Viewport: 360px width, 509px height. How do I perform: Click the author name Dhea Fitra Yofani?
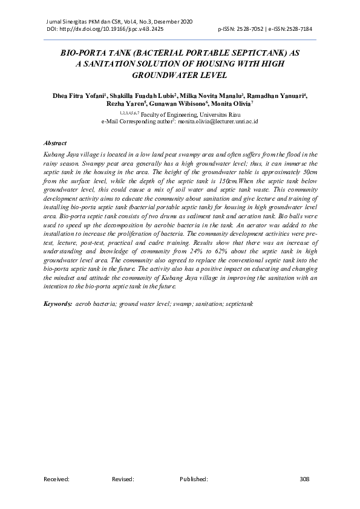coord(79,95)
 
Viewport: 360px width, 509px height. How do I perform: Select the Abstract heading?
coord(55,143)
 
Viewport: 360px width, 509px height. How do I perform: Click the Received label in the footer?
coord(56,479)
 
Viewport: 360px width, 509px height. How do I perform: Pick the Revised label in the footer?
coord(123,479)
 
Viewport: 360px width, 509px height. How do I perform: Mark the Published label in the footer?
coord(194,479)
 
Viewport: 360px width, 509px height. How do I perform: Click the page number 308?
coord(304,479)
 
